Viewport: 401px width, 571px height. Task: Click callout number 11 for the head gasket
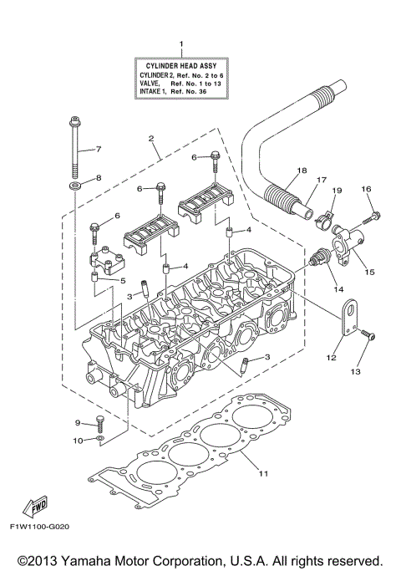pos(264,475)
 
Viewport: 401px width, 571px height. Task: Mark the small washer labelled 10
pos(99,438)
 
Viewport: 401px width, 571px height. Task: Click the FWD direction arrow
pos(37,507)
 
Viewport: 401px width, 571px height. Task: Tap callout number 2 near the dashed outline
pos(151,137)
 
